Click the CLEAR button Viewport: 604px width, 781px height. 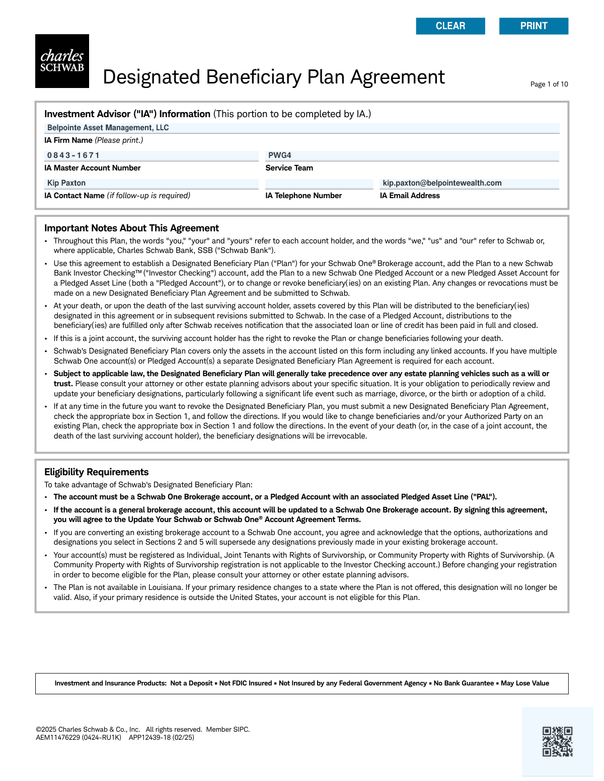450,26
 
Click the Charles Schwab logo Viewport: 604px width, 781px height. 62,61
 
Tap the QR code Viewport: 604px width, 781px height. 557,741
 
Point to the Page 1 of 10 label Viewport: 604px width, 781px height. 549,84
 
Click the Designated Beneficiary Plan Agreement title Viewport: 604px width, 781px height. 273,77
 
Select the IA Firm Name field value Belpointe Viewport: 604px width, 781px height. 108,128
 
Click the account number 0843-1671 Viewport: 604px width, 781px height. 73,155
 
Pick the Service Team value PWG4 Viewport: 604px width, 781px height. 279,155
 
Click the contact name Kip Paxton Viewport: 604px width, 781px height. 66,183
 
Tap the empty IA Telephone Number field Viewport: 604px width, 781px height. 319,184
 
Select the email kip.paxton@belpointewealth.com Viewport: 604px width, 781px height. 442,183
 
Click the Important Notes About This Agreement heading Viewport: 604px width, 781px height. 131,228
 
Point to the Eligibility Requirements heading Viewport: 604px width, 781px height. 96,472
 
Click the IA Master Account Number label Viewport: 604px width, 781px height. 92,168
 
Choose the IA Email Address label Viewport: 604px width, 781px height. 410,196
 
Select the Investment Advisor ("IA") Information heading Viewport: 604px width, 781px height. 127,114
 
